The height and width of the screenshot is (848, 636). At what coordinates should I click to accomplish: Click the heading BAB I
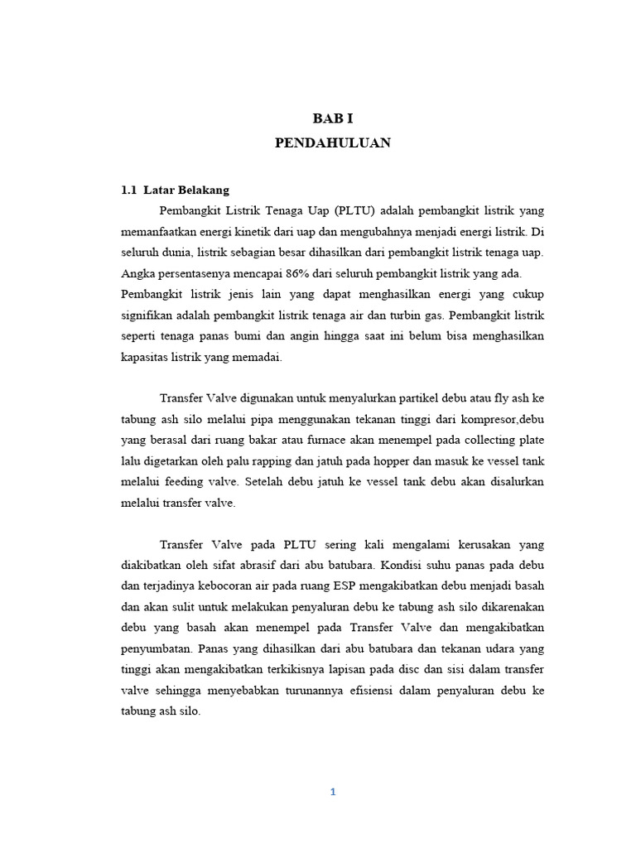(332, 118)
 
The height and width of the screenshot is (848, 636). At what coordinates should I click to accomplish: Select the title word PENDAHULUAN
(332, 143)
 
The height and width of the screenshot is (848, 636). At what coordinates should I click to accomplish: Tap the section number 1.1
(128, 190)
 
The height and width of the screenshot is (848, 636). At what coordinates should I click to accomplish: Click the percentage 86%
(296, 273)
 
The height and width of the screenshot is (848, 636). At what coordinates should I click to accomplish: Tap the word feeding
(193, 481)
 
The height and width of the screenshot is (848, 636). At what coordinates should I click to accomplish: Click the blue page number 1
(332, 792)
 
